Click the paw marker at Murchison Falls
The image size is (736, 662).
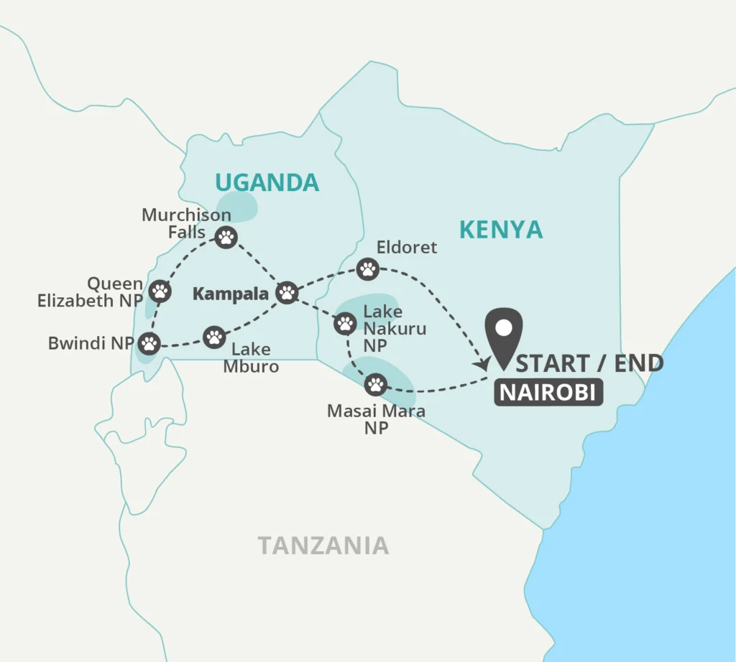tap(226, 237)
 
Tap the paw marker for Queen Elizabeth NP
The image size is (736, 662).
tap(161, 291)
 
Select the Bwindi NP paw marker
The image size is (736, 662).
tap(149, 343)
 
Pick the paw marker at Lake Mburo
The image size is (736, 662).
tap(214, 337)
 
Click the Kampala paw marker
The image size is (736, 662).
tap(287, 292)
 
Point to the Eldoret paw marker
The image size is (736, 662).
tap(368, 269)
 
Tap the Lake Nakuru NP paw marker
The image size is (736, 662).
tap(345, 324)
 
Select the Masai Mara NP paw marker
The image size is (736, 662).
tap(376, 385)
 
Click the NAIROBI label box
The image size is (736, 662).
tap(548, 393)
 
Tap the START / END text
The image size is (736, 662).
tap(589, 363)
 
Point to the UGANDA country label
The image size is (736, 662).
tap(267, 183)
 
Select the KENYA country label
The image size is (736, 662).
tap(501, 230)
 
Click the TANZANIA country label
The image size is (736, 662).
tap(323, 546)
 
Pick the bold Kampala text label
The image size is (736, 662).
tap(230, 294)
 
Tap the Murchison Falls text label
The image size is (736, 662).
tap(186, 223)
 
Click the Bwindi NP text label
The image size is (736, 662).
tap(91, 343)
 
